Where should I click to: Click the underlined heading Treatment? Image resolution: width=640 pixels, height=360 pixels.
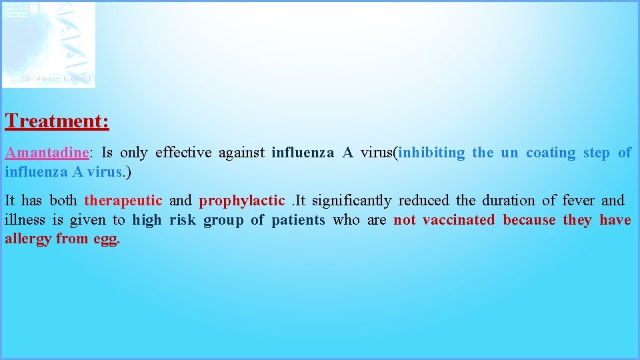tap(57, 121)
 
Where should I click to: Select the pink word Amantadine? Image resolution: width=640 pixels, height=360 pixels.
tap(47, 153)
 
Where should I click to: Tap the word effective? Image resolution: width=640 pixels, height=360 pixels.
tap(183, 153)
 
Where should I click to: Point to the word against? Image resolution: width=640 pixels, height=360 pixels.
tap(241, 153)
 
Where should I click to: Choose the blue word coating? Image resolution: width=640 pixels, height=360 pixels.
tap(550, 153)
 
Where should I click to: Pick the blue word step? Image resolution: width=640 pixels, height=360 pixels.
tap(596, 153)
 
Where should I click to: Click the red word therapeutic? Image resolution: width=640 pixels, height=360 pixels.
tap(123, 201)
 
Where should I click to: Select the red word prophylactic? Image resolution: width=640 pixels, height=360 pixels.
tap(241, 201)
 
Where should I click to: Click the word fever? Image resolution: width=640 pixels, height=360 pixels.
tap(578, 201)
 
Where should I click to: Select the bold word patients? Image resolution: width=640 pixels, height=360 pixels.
tap(298, 220)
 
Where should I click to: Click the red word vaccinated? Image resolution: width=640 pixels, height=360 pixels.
tap(459, 220)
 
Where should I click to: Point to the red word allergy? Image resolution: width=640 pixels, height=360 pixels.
tap(27, 239)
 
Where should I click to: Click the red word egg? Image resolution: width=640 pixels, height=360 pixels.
tap(105, 239)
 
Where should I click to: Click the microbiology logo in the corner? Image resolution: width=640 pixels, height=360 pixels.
tap(49, 45)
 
